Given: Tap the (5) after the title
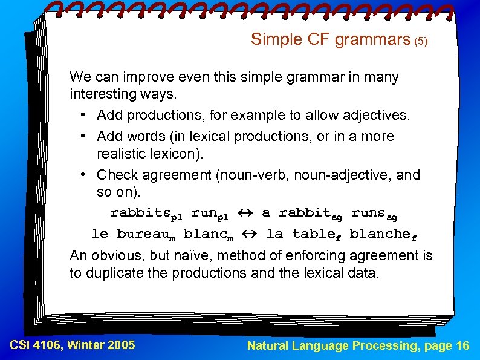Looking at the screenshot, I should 421,42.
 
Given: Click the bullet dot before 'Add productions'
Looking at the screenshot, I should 83,116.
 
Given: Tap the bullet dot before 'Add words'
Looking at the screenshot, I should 83,137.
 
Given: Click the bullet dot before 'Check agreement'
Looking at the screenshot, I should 83,175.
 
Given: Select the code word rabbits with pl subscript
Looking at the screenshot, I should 146,214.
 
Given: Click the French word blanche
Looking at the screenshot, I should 381,234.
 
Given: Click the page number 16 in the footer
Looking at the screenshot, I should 462,345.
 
